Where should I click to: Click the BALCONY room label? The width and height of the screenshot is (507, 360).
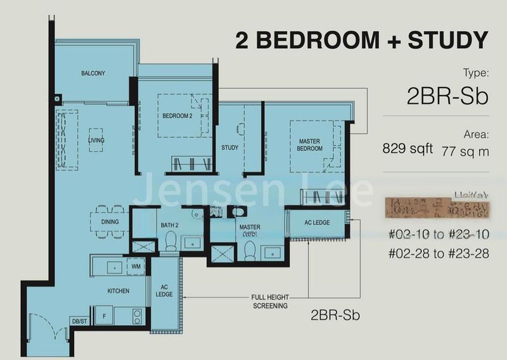93,74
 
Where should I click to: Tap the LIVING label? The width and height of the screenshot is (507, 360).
96,140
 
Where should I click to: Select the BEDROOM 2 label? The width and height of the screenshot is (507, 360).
177,116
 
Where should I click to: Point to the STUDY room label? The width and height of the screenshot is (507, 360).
229,148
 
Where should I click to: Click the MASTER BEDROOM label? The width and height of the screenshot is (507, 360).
310,145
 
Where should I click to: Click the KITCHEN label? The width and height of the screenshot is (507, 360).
118,291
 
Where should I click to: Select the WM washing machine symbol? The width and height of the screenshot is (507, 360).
136,267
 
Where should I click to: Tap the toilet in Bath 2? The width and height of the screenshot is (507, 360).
170,241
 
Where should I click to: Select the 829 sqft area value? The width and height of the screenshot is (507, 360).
408,149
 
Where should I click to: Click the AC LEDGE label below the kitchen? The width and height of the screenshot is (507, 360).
164,291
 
